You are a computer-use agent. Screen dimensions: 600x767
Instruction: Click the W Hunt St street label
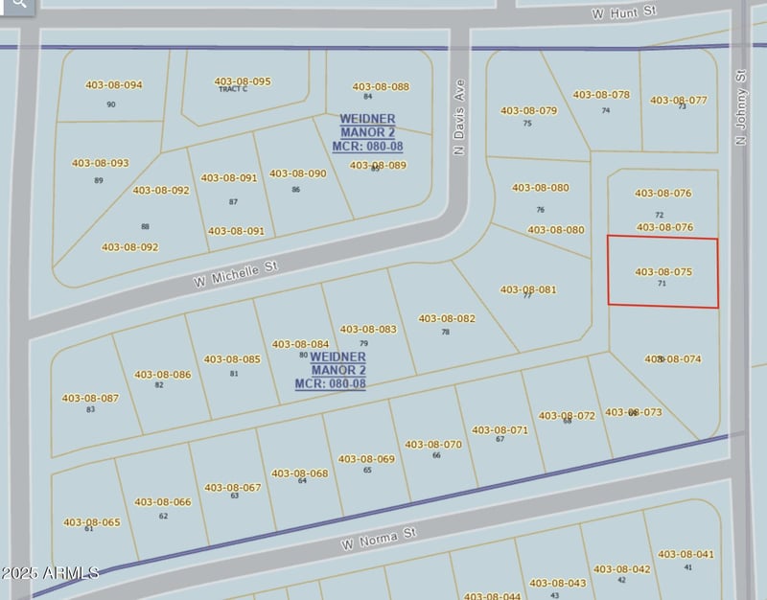pos(622,12)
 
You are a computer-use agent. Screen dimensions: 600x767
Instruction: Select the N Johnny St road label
pos(740,106)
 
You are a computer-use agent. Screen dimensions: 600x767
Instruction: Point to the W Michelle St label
pos(235,275)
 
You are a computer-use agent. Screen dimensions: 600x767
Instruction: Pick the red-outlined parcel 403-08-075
pos(662,272)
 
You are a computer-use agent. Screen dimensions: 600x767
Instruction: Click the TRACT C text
pos(233,89)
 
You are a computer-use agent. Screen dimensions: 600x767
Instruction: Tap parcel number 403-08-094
pos(113,84)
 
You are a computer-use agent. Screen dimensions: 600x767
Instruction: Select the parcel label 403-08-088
pos(380,86)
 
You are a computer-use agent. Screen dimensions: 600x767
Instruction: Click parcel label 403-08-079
pos(528,110)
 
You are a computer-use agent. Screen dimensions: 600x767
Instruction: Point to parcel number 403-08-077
pos(679,100)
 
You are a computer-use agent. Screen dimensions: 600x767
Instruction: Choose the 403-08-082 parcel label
pos(446,318)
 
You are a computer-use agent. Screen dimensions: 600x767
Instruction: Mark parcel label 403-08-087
pos(90,398)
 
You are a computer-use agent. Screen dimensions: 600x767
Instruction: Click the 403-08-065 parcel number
pos(92,522)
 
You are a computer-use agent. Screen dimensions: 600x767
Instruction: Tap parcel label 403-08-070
pos(433,444)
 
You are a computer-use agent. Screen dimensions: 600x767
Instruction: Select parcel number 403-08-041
pos(686,554)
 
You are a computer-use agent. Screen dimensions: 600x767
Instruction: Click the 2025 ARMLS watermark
pos(50,573)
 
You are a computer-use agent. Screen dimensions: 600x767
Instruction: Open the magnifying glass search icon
pos(19,5)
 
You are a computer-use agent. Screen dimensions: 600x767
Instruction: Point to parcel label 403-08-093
pos(100,163)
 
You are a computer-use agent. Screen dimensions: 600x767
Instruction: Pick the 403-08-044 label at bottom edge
pos(493,595)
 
